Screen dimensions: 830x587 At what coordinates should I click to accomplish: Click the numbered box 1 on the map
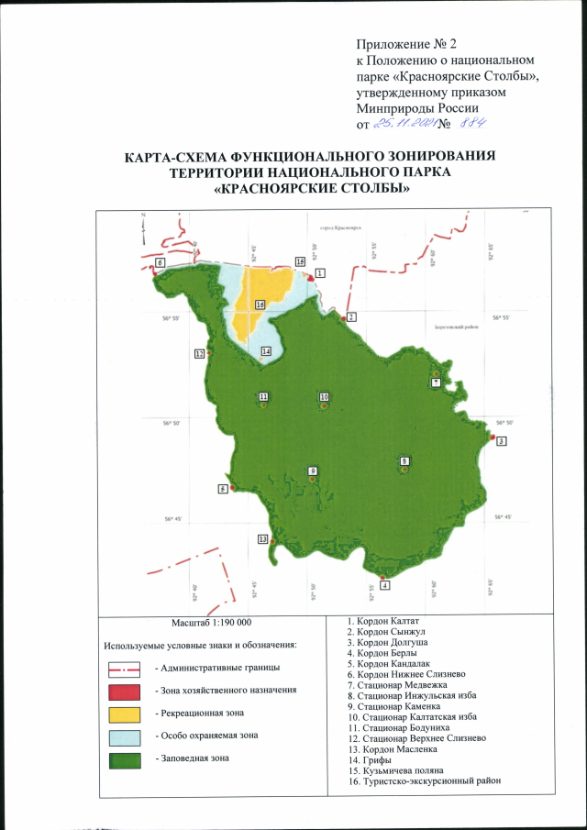click(320, 273)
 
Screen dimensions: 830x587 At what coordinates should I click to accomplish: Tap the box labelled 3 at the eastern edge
click(502, 440)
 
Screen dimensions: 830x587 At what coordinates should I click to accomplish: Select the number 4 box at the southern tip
click(384, 585)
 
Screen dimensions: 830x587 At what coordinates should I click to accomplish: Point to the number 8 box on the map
click(404, 460)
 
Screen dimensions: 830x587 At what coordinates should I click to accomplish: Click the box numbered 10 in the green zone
click(324, 396)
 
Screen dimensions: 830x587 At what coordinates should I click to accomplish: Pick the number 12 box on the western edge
click(198, 354)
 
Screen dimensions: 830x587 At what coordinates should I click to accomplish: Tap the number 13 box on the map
click(263, 538)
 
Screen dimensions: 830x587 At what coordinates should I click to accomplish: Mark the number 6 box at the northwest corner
click(160, 262)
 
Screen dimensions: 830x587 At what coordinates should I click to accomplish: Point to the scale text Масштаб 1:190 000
click(212, 621)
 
